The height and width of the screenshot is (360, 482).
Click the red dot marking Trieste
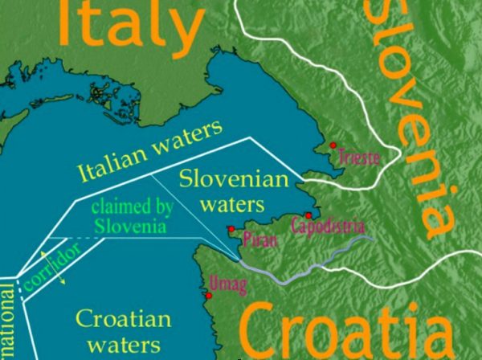pyautogui.click(x=333, y=145)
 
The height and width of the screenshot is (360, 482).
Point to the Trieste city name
pyautogui.click(x=360, y=156)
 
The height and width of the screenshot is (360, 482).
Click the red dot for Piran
pyautogui.click(x=231, y=229)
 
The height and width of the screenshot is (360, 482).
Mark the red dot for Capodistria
pyautogui.click(x=308, y=215)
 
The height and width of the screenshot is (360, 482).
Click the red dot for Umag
pyautogui.click(x=208, y=296)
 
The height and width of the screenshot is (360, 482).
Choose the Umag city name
pyautogui.click(x=224, y=283)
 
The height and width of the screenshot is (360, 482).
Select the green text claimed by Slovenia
pyautogui.click(x=132, y=217)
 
